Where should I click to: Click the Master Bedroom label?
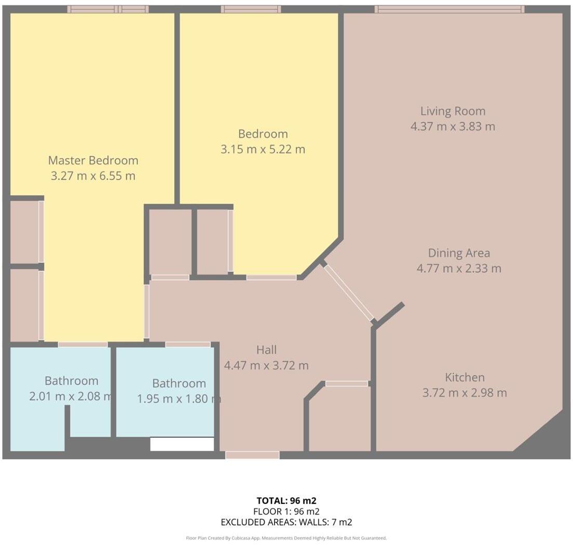click(93, 161)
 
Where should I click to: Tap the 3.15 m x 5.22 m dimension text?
click(263, 150)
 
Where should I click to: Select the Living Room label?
click(453, 111)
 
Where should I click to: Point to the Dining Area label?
click(459, 253)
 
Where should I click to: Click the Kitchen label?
click(465, 378)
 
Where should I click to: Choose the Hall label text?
click(266, 350)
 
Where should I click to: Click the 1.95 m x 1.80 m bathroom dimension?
click(179, 399)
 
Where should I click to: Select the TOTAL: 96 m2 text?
click(286, 501)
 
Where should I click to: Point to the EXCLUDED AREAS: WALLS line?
click(286, 522)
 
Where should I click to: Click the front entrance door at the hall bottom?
click(252, 455)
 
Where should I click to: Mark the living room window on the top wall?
click(449, 9)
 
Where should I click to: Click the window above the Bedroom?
click(251, 9)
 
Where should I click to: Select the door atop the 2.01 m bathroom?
click(83, 344)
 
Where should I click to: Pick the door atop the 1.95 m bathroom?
click(188, 344)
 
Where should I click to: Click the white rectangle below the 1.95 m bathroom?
click(182, 444)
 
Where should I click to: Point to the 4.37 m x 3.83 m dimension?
click(453, 127)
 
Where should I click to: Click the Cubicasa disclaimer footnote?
click(286, 538)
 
